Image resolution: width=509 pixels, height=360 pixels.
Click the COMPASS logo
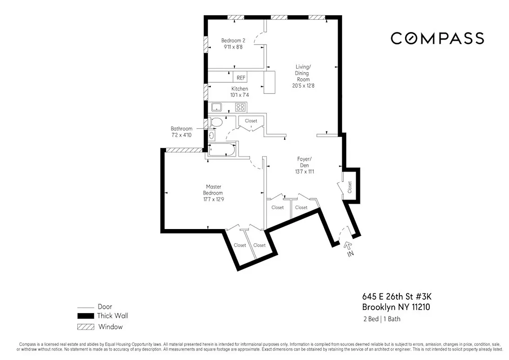(x=437, y=38)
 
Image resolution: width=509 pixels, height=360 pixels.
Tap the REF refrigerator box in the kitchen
(x=241, y=77)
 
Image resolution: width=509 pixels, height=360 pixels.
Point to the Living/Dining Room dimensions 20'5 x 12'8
(x=303, y=85)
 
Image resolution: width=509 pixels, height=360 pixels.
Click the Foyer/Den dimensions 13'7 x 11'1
(x=304, y=171)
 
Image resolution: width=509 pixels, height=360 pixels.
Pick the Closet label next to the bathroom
(x=251, y=121)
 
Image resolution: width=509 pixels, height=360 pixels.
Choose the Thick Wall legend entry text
(x=112, y=316)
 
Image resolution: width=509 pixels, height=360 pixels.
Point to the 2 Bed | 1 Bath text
(x=381, y=319)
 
